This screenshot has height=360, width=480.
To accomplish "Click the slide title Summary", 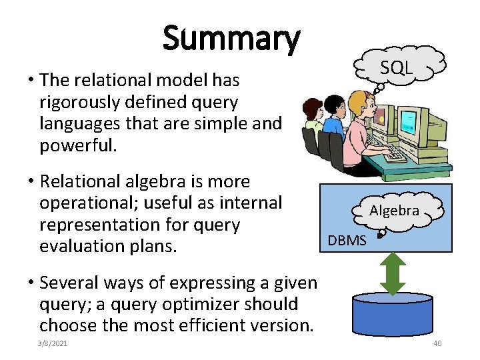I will pos(231,39).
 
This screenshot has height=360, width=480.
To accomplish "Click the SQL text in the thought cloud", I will pos(397,67).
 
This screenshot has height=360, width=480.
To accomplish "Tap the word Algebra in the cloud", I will pos(395,211).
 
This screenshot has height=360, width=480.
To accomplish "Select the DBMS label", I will pos(347,240).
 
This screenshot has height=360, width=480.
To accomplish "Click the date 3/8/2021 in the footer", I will pos(53,343).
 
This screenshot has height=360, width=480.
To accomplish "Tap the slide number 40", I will pos(437,343).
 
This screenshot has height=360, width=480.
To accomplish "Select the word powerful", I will pos(78,145).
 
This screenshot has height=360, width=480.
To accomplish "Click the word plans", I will pos(158,246).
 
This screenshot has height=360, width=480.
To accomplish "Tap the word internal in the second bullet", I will pos(255,203).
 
